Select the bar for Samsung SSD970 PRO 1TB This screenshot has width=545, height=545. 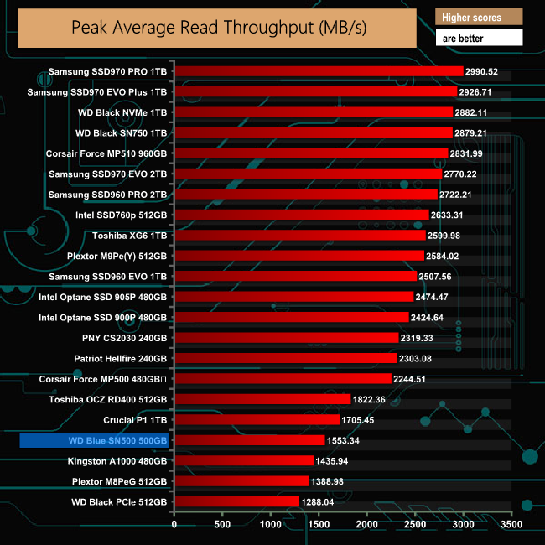click(319, 71)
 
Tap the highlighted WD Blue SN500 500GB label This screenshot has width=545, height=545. click(96, 440)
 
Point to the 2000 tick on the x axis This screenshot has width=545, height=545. click(367, 524)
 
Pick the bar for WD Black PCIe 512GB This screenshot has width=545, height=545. click(236, 501)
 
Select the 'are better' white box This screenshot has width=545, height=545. click(479, 38)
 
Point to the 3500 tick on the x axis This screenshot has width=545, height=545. click(511, 524)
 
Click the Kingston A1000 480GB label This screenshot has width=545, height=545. click(117, 460)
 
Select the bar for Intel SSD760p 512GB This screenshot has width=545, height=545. click(302, 215)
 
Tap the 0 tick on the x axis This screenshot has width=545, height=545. click(174, 524)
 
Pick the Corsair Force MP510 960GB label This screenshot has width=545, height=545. click(106, 153)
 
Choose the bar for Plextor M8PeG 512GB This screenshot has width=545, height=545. click(241, 480)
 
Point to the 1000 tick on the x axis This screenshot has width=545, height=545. click(271, 524)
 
